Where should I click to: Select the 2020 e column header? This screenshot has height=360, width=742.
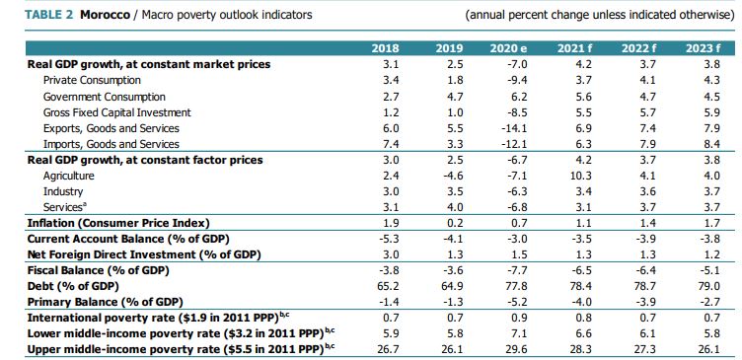pyautogui.click(x=510, y=48)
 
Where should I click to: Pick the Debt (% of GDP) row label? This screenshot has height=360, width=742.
pyautogui.click(x=75, y=286)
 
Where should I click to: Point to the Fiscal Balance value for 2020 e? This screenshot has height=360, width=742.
pyautogui.click(x=512, y=270)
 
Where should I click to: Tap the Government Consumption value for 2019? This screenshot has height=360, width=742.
pyautogui.click(x=449, y=96)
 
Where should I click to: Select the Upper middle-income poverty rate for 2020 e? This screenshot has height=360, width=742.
pyautogui.click(x=512, y=349)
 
